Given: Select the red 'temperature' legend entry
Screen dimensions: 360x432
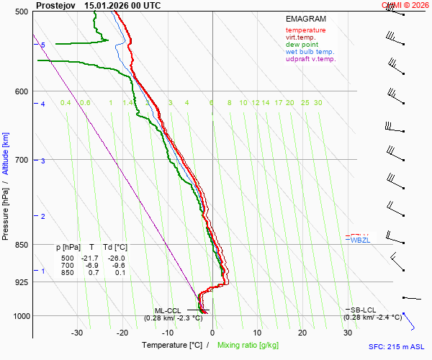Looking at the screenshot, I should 305,30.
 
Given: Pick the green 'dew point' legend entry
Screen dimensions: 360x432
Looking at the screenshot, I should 302,45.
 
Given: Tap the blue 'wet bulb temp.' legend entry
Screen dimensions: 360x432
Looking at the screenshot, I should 310,52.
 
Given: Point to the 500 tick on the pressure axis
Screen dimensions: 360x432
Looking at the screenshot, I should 20,12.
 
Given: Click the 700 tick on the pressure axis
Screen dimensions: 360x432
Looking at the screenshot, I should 20,160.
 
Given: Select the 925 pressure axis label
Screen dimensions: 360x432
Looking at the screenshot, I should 20,282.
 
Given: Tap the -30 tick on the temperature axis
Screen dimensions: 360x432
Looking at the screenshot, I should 77,333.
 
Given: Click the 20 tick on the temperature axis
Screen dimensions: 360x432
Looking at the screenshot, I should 302,333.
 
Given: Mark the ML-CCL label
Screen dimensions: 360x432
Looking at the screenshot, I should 166,310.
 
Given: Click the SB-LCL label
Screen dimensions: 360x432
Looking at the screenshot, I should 364,310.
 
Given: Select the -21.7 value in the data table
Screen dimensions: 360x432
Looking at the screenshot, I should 90,258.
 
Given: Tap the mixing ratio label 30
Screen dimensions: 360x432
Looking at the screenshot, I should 318,103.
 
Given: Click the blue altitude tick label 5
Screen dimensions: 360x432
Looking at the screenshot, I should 43,45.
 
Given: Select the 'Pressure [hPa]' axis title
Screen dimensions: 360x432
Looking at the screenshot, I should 6,209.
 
